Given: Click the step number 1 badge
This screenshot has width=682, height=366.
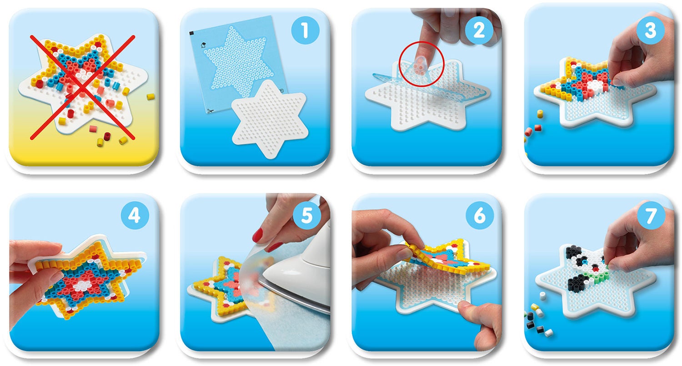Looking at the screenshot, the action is (x=305, y=30).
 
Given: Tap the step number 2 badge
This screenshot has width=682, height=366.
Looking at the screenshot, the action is (x=479, y=30).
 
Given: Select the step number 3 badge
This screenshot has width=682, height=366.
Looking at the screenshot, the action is (x=650, y=30).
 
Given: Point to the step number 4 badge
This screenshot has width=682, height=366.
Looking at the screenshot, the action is (x=135, y=215).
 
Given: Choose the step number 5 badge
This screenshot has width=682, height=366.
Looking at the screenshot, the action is (x=306, y=215).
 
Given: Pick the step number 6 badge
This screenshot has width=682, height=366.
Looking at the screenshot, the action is (x=480, y=215).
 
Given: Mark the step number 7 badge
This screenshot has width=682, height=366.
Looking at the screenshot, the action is (x=651, y=215).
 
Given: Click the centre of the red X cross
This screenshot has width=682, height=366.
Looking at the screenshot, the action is (x=82, y=88).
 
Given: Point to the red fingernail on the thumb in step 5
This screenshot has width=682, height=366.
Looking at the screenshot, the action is (x=258, y=235).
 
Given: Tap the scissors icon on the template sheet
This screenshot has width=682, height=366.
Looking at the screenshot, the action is (x=211, y=111).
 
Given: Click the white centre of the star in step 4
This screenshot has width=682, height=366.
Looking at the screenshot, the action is (x=81, y=285).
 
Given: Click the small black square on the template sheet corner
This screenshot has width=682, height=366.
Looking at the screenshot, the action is (x=192, y=33).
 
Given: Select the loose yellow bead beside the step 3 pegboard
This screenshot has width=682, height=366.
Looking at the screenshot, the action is (x=540, y=114).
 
